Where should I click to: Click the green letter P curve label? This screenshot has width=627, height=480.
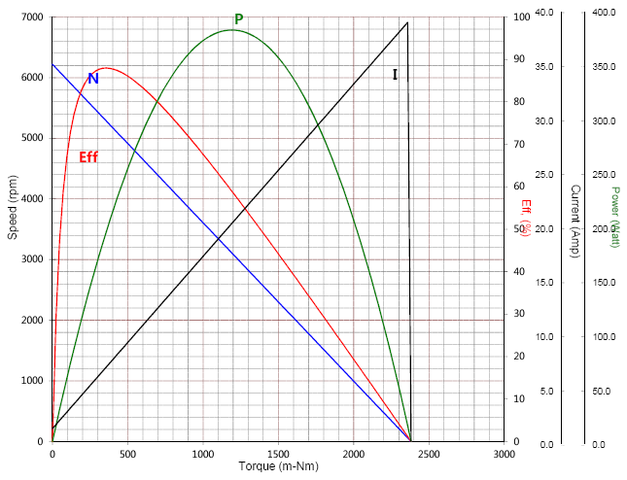coord(239,19)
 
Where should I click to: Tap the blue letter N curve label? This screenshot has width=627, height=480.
coord(93,79)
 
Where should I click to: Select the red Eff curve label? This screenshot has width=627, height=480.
coord(88,156)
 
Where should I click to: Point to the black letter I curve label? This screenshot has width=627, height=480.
coord(395,75)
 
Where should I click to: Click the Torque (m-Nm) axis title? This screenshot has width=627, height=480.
coord(278,466)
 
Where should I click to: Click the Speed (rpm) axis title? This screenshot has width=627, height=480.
coord(13,228)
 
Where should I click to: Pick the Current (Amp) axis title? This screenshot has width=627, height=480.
coord(575,222)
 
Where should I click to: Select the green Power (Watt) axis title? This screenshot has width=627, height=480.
coord(614,217)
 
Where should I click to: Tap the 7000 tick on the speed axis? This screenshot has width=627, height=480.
coord(32,17)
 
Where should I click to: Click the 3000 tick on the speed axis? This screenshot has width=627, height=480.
coord(32,259)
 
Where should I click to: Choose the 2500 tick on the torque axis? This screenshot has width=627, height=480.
coord(429,454)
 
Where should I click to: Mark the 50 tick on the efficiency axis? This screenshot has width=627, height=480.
coord(517,229)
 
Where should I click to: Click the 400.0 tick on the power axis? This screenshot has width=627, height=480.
coord(604,13)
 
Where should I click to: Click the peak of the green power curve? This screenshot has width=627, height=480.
coord(232,30)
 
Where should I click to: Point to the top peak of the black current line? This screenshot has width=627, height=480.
coord(407,22)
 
